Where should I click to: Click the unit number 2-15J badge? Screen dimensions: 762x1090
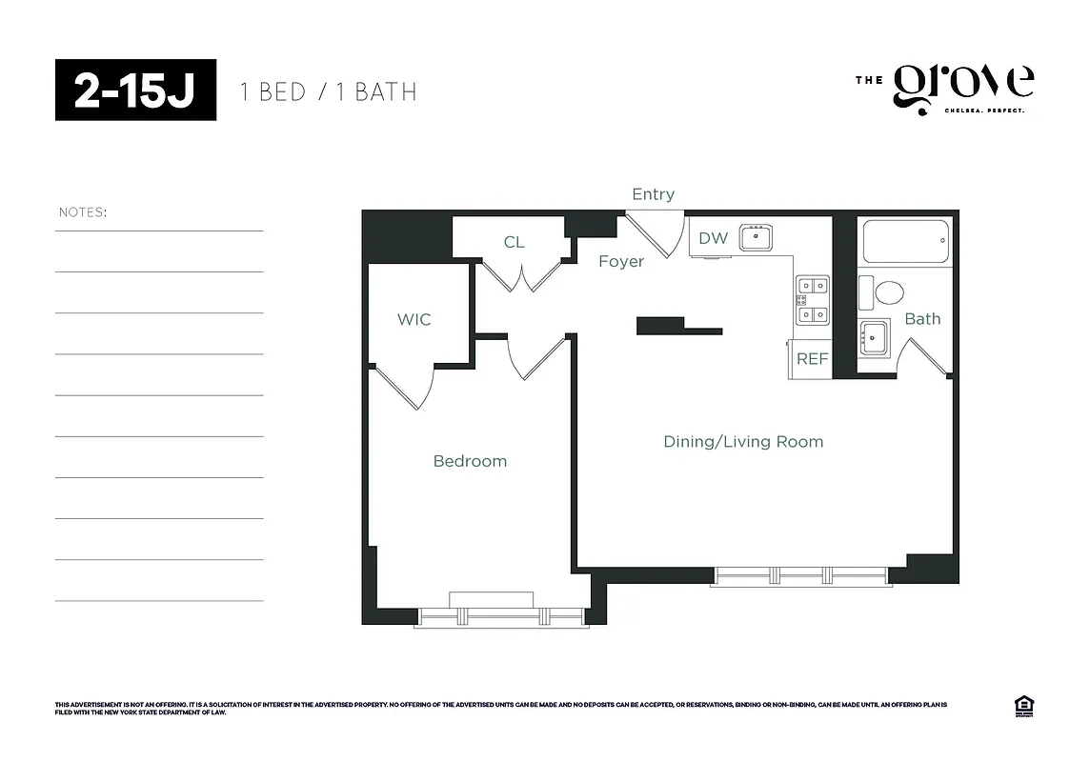point(135,90)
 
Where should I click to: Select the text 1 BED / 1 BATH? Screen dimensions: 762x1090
point(328,92)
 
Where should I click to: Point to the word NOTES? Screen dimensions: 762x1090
point(82,212)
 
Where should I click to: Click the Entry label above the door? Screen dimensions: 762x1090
point(653,194)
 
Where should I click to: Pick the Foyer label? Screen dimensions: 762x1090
point(621,261)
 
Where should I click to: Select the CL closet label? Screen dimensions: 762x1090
point(514,242)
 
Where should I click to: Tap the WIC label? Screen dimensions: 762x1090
point(414,319)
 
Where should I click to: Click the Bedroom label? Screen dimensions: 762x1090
point(470,461)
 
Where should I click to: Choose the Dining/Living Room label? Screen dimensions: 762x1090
point(743,442)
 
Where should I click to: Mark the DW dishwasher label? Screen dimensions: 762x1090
point(713,238)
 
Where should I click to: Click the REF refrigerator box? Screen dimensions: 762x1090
point(813,359)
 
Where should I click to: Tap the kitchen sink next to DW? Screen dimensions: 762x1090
point(757,237)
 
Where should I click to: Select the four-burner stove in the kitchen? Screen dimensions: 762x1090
point(813,299)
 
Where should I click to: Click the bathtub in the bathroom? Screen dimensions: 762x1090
point(905,241)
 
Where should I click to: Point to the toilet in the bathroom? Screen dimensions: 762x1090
point(887,292)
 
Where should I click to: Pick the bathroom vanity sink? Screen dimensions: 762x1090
point(873,337)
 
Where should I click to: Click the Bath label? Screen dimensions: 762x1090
point(922,319)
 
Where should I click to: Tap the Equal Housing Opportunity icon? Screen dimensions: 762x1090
point(1025,707)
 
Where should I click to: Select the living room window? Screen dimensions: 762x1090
point(799,575)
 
